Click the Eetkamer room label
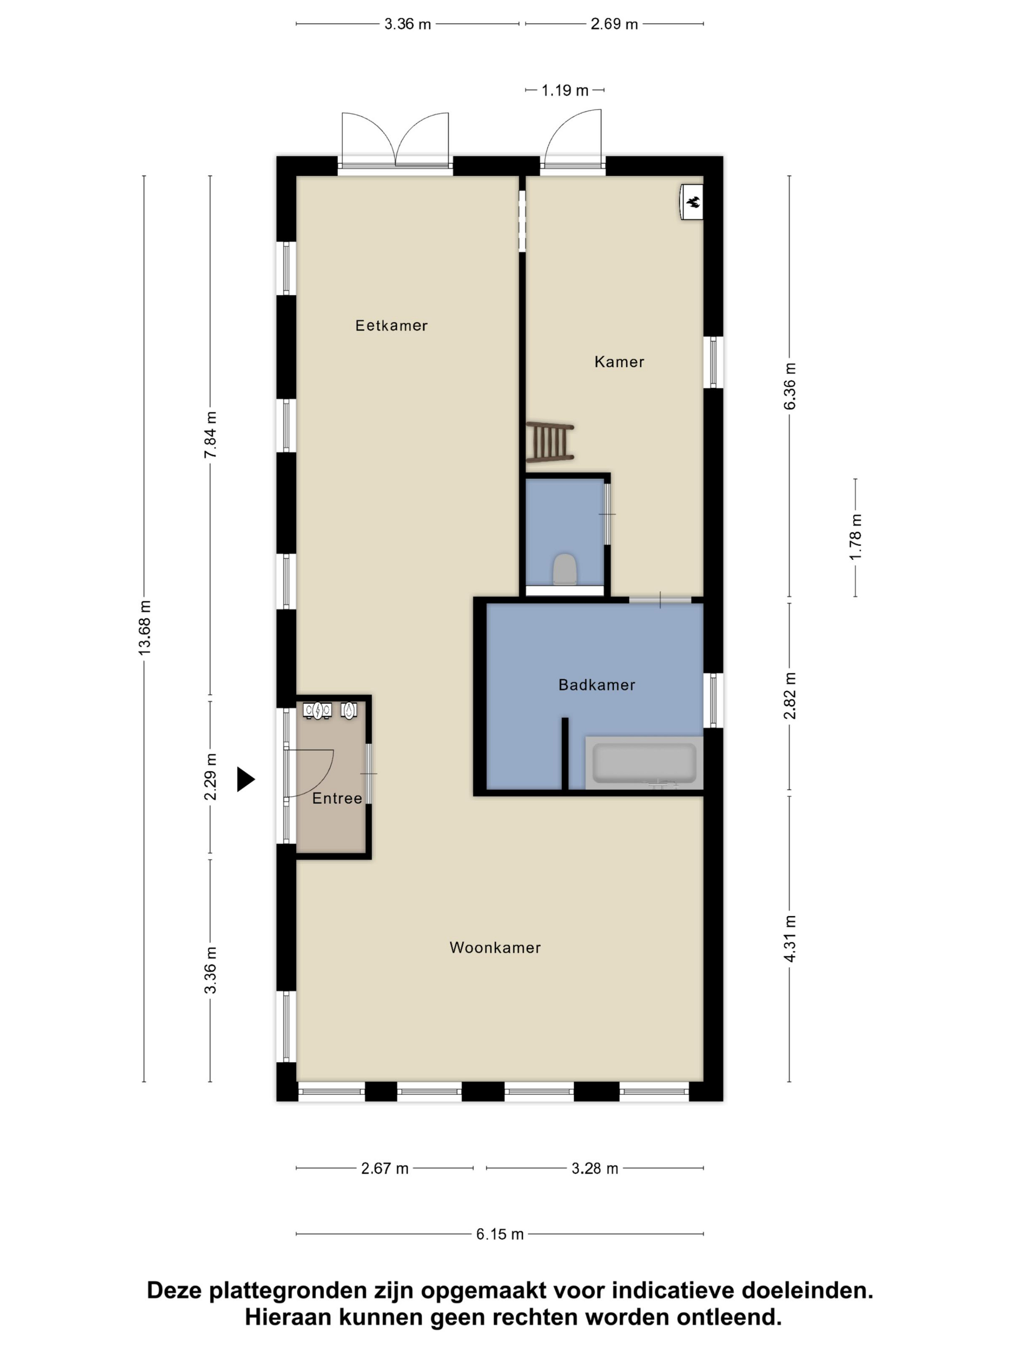click(x=391, y=325)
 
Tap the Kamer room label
click(x=619, y=362)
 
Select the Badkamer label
click(x=596, y=685)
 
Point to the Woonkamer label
click(x=495, y=947)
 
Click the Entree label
click(x=337, y=798)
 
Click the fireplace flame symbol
click(x=694, y=202)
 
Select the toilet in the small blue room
click(x=565, y=569)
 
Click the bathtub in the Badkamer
click(x=644, y=763)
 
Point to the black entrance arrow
click(x=245, y=779)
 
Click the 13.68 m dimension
click(x=144, y=628)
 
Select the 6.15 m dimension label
click(x=500, y=1234)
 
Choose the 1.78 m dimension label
click(x=855, y=537)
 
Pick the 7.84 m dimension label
click(x=210, y=435)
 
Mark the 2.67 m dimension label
click(x=385, y=1168)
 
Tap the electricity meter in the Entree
click(x=317, y=711)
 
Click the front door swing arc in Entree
click(x=323, y=780)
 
